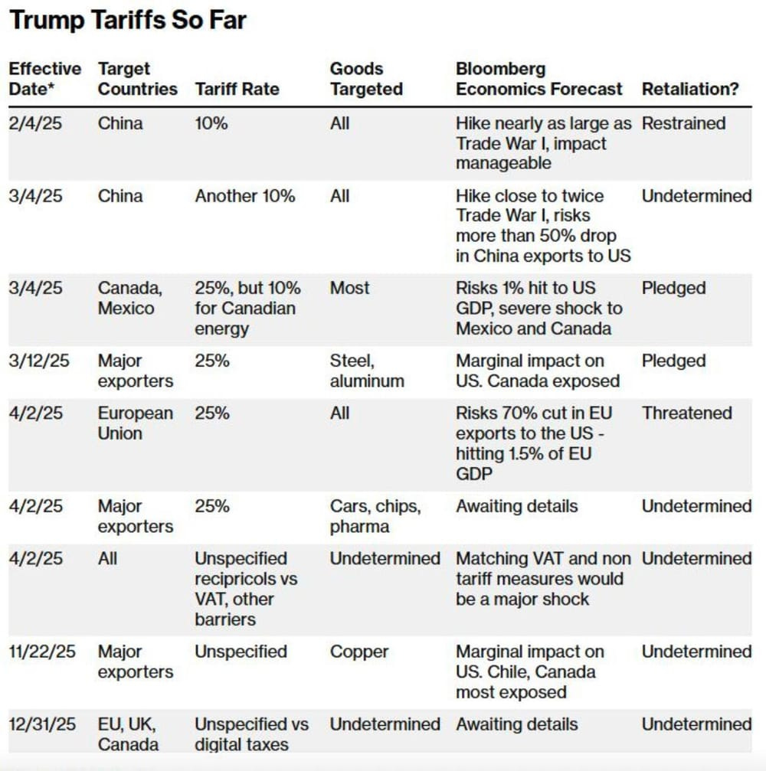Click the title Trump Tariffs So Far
click(128, 21)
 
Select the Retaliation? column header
click(690, 89)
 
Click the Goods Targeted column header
click(366, 79)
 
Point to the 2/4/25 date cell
click(34, 123)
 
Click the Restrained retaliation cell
click(683, 123)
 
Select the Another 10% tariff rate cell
click(245, 196)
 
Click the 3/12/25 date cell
click(39, 361)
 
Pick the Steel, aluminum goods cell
click(366, 371)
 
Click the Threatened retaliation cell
click(687, 413)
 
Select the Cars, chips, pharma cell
click(375, 516)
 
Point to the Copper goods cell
click(359, 652)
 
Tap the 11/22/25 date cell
click(43, 652)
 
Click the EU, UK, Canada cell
click(129, 733)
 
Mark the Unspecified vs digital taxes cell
click(251, 733)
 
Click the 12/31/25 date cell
click(43, 724)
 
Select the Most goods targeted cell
click(349, 289)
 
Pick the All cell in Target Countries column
click(108, 558)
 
